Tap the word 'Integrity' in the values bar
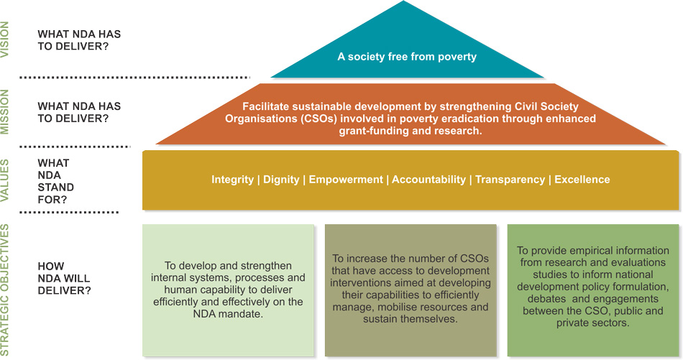[x=233, y=180]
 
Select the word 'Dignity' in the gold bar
[x=281, y=180]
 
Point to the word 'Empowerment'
[x=346, y=180]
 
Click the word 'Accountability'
[x=428, y=180]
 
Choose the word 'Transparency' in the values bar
[x=510, y=180]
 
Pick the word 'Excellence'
[x=582, y=180]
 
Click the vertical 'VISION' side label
[x=5, y=40]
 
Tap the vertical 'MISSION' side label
[x=5, y=112]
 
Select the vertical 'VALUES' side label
[x=5, y=180]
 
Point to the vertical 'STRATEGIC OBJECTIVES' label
[x=5, y=290]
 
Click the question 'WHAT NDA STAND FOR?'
[x=56, y=181]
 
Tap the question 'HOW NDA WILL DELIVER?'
[x=65, y=278]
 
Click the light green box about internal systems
[x=228, y=290]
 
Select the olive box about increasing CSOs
[x=411, y=290]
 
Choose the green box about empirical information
[x=593, y=290]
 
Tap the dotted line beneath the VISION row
[x=134, y=78]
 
